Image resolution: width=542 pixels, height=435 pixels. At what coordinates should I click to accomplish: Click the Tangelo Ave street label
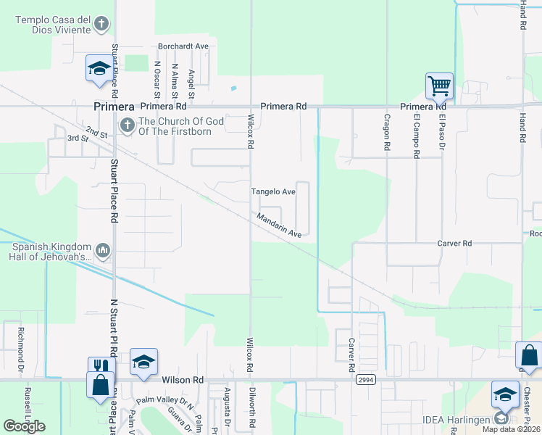[x=272, y=192]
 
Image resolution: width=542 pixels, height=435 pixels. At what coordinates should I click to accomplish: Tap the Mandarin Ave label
[x=278, y=225]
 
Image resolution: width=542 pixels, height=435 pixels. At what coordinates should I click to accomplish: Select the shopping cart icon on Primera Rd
[x=439, y=86]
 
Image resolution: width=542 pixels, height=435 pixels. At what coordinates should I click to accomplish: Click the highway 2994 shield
[x=365, y=379]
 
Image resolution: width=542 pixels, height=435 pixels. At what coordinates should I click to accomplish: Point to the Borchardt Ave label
[x=183, y=46]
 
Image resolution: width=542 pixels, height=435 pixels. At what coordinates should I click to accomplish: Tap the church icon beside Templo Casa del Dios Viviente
[x=102, y=23]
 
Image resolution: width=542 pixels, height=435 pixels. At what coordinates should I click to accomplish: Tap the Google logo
[x=25, y=426]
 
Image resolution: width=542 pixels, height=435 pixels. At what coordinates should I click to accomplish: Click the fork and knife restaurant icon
[x=100, y=367]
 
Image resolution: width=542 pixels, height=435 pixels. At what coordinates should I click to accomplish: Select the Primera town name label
[x=114, y=107]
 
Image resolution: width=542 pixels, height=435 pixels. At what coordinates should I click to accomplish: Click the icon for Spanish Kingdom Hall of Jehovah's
[x=102, y=251]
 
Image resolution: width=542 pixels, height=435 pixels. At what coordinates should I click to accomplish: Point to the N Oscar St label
[x=157, y=79]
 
